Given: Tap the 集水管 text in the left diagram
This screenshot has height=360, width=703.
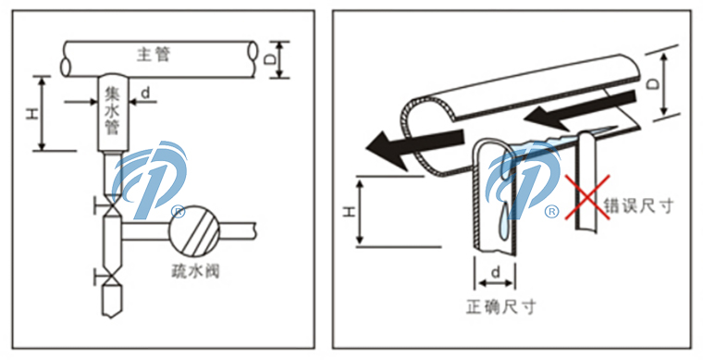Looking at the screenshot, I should coord(114,111).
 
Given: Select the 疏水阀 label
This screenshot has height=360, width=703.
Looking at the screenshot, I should coord(195,272).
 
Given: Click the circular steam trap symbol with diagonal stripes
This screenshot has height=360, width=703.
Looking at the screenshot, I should coord(191,226).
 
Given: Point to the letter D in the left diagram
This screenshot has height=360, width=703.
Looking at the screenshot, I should coord(267,58).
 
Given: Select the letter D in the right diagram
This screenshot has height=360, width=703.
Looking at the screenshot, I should coord(652,84).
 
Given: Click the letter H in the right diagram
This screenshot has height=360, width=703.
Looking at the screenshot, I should coord(349,212).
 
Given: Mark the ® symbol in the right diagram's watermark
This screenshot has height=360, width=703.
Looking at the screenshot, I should coord(551,212).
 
